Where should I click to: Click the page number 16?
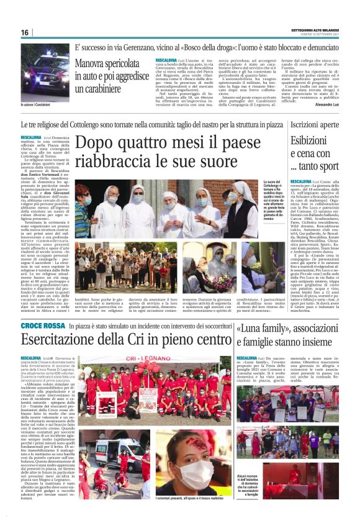pyautogui.click(x=24, y=32)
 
